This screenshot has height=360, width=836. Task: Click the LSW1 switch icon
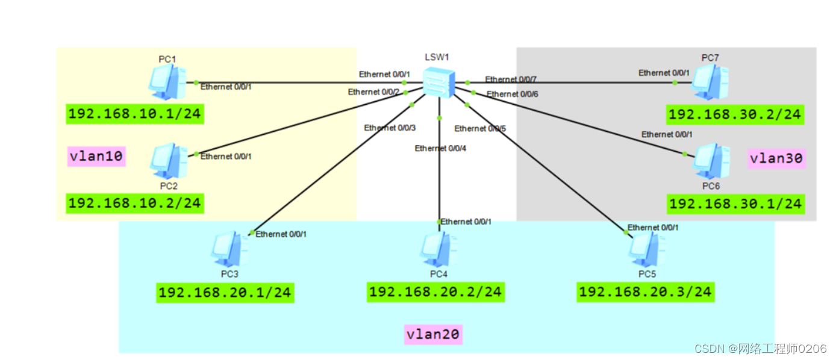438,82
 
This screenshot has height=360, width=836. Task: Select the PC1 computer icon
167,82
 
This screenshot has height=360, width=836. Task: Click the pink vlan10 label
96,157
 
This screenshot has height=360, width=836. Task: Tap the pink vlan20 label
433,334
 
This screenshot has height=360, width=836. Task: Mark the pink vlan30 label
776,159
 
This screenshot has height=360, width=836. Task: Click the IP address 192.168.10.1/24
134,113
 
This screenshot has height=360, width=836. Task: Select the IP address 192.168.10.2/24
134,203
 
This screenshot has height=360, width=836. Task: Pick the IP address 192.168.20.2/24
435,292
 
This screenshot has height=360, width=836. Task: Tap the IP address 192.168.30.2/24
735,114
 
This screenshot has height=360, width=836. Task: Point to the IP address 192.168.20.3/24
645,292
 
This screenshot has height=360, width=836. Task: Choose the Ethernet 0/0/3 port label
389,128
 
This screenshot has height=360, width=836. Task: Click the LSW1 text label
437,57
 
